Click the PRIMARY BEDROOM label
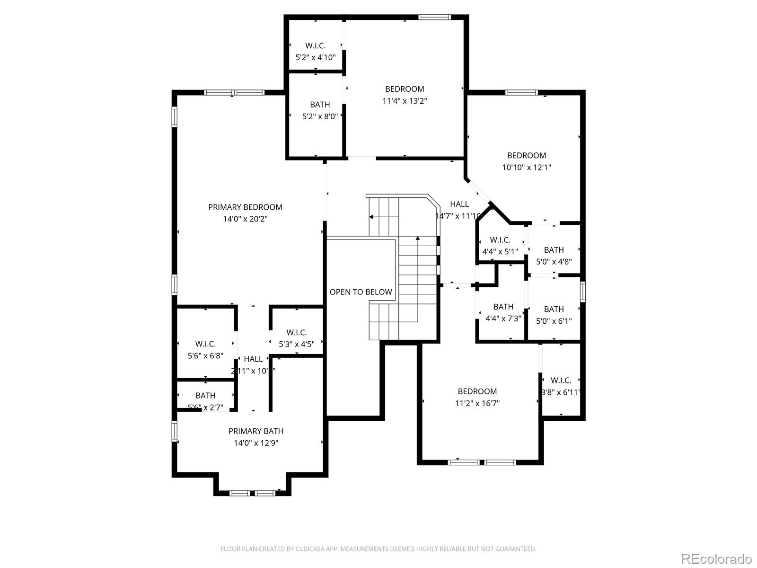click(245, 207)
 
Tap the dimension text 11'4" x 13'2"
click(405, 101)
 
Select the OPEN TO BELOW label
click(361, 292)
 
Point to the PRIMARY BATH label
click(256, 431)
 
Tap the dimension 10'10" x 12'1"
click(527, 167)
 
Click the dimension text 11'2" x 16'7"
click(477, 403)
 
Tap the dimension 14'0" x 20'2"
click(245, 219)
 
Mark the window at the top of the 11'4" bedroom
click(434, 18)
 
